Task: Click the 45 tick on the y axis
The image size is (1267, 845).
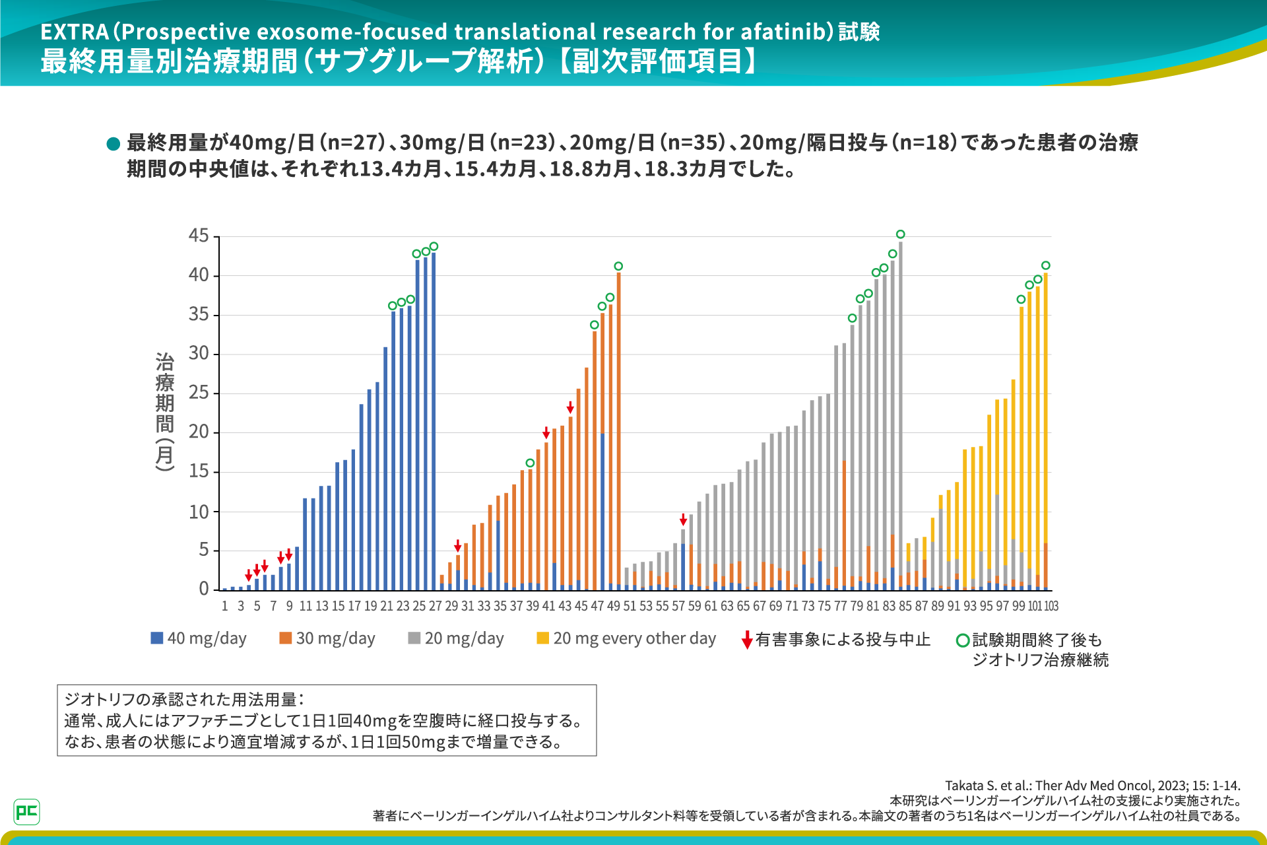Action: tap(199, 236)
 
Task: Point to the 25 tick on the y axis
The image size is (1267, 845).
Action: tap(199, 393)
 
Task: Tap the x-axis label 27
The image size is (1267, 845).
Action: tap(436, 606)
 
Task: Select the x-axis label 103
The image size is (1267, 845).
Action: tap(1051, 606)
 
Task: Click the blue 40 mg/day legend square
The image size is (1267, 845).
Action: tap(157, 638)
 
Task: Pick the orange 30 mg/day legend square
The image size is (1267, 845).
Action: tap(285, 638)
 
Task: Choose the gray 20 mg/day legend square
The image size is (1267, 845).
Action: tap(414, 638)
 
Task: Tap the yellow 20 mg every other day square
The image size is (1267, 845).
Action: tap(543, 638)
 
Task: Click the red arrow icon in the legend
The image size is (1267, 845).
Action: tap(747, 640)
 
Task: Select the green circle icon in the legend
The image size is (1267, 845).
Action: tap(963, 640)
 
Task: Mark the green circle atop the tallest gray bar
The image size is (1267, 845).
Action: tap(901, 234)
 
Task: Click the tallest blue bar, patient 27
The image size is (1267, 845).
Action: tap(434, 422)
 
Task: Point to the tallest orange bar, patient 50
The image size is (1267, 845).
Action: tap(618, 429)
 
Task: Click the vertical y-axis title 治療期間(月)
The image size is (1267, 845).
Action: tap(165, 412)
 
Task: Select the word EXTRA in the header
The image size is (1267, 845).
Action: tap(75, 32)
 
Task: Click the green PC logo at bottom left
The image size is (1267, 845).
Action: tap(26, 811)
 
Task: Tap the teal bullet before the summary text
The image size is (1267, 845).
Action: tap(113, 143)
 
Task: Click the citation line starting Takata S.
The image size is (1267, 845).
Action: tap(1092, 786)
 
